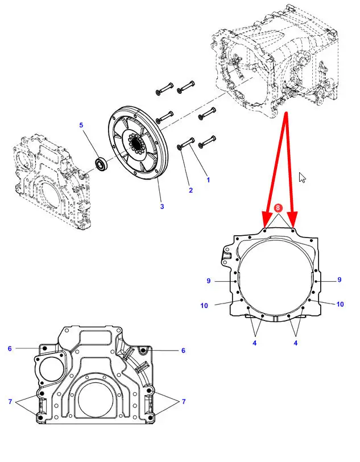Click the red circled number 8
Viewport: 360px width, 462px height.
point(278,208)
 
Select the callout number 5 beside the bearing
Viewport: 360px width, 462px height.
point(81,125)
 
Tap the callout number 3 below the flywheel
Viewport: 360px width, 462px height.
point(162,206)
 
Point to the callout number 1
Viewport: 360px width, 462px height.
point(208,180)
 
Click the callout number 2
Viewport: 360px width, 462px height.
point(191,190)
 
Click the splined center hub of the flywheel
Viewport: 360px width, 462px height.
point(136,143)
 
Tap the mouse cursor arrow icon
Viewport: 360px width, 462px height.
point(302,177)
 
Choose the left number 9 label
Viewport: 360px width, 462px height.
point(209,281)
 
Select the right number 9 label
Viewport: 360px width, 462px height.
point(340,280)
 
